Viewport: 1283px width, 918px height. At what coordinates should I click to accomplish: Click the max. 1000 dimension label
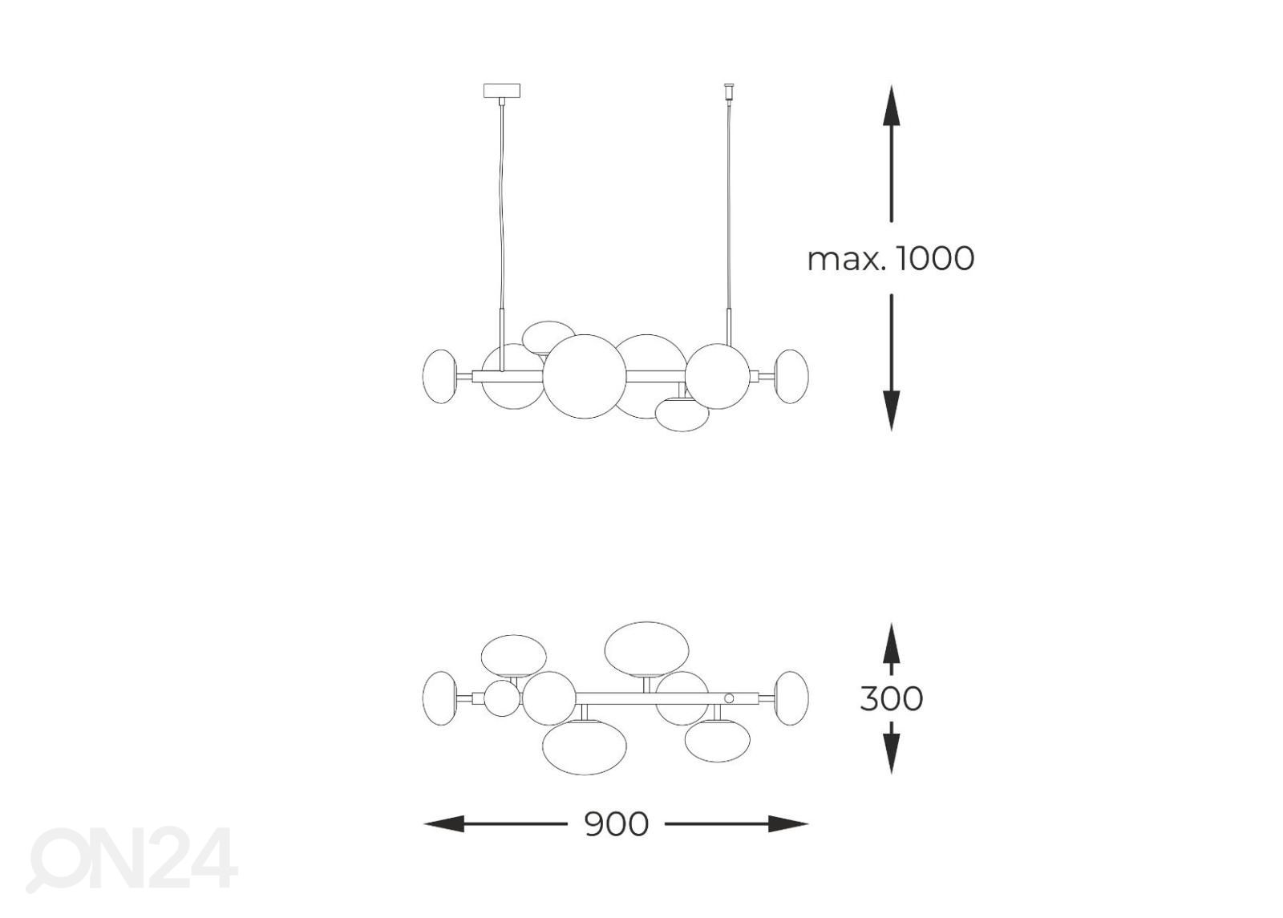(890, 258)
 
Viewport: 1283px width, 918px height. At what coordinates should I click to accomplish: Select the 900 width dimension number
(617, 824)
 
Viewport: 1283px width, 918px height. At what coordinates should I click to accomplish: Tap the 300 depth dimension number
(891, 698)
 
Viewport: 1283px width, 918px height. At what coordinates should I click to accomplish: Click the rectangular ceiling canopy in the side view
(502, 91)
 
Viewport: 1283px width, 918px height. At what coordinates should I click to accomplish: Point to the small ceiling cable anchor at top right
(729, 91)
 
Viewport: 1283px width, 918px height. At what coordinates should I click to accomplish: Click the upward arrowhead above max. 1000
(891, 105)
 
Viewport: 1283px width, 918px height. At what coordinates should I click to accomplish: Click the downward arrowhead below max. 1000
(891, 410)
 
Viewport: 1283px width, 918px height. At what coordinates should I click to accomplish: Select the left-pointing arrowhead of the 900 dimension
(444, 824)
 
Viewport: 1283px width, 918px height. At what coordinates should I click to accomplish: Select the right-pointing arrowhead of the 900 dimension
(788, 824)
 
